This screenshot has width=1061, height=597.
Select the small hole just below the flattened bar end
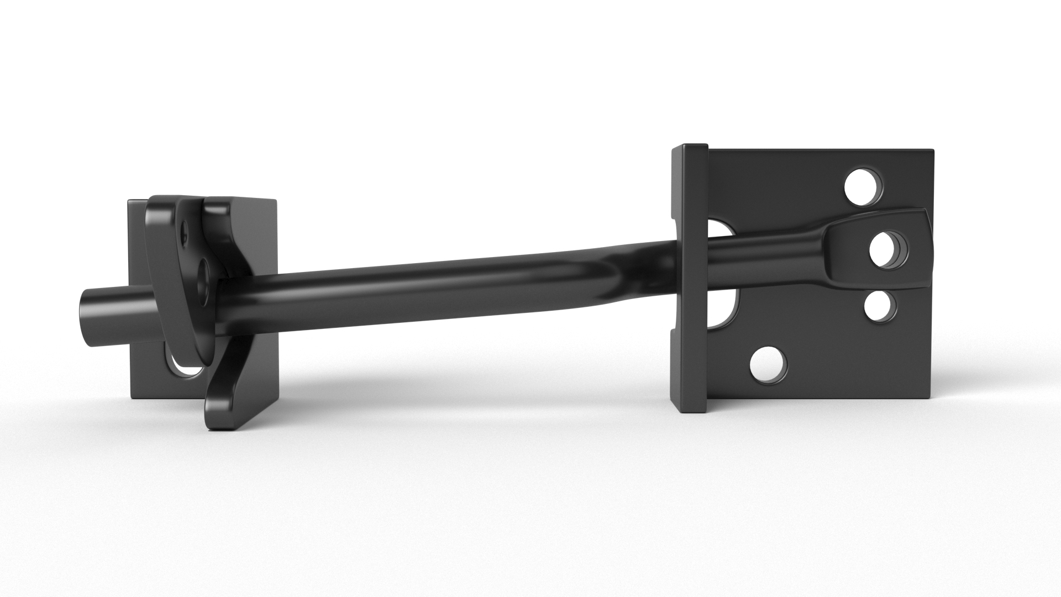[x=880, y=306]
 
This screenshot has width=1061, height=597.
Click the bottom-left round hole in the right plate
[x=769, y=365]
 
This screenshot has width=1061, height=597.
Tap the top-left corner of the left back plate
[x=129, y=201]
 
